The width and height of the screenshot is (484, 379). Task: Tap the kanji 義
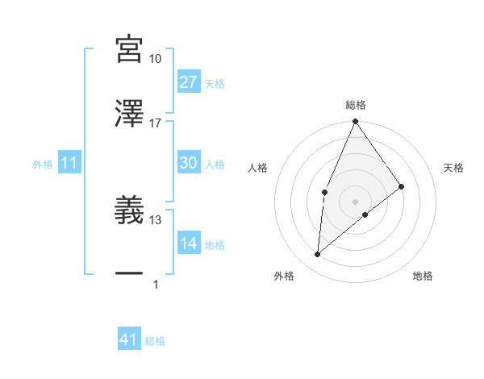click(130, 210)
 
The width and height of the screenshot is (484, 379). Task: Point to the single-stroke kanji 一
click(130, 274)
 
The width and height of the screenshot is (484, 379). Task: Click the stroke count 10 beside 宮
click(156, 59)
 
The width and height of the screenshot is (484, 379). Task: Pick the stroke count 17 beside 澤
click(156, 123)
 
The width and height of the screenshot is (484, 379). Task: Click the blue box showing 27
click(188, 81)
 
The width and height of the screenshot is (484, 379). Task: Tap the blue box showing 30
click(188, 163)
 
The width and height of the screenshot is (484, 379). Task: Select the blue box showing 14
click(188, 244)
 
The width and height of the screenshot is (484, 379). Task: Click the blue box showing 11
click(69, 163)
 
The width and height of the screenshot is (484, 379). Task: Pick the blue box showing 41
click(129, 339)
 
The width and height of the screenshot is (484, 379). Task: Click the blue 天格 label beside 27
click(215, 83)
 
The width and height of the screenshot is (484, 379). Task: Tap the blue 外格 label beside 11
click(43, 165)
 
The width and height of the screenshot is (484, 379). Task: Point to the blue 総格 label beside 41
click(155, 341)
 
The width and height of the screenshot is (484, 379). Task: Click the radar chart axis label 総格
click(356, 106)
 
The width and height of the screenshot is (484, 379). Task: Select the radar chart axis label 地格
click(423, 277)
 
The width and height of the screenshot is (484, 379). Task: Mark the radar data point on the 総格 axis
click(355, 122)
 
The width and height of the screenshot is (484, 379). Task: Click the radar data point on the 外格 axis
click(318, 255)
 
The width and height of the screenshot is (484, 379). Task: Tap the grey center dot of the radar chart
click(355, 201)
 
